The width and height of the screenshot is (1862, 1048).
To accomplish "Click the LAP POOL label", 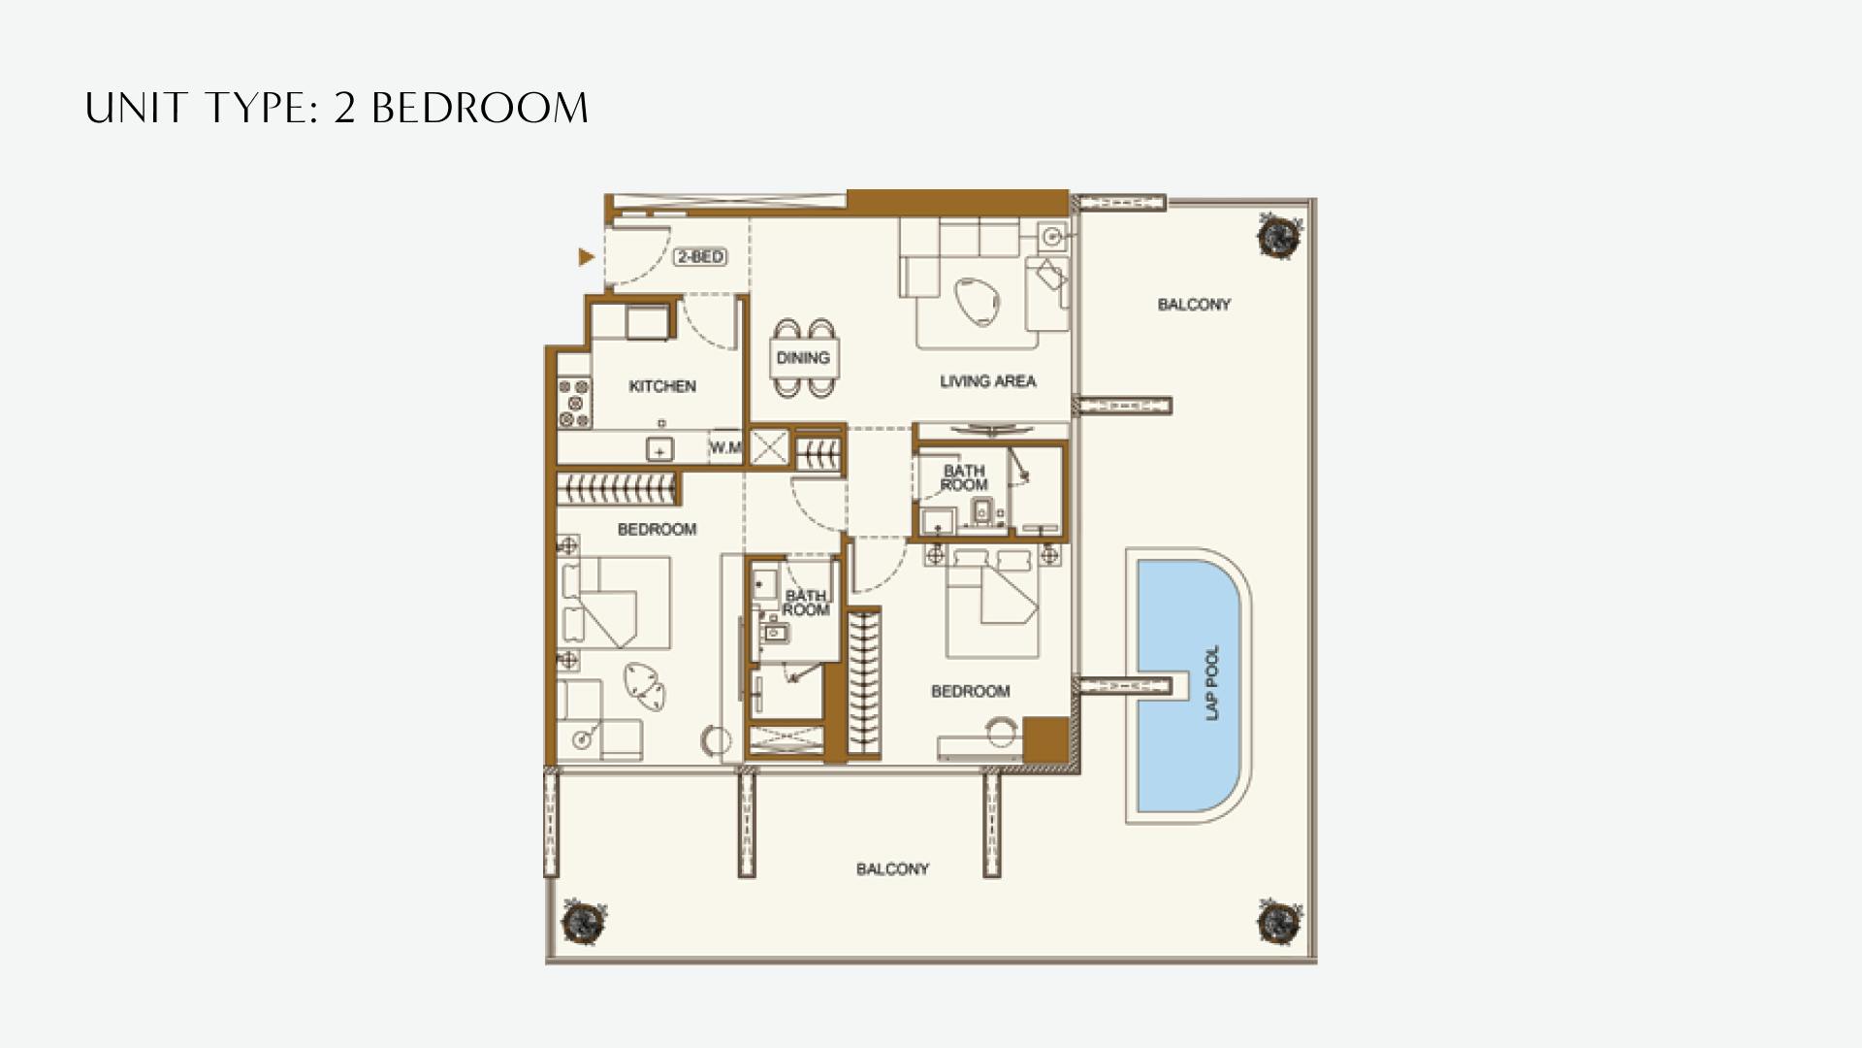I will pyautogui.click(x=1212, y=683).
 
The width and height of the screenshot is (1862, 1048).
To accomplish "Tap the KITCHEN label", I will pyautogui.click(x=662, y=386).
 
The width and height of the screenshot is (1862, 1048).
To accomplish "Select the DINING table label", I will pyautogui.click(x=803, y=358).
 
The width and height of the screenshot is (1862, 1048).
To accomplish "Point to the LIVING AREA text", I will pyautogui.click(x=987, y=381).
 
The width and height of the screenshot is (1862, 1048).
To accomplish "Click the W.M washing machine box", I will pyautogui.click(x=725, y=447).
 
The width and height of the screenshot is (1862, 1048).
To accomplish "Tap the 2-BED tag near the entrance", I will pyautogui.click(x=700, y=257).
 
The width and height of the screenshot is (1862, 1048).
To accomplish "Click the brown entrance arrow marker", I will pyautogui.click(x=586, y=257).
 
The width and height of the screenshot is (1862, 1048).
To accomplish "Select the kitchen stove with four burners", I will pyautogui.click(x=574, y=403).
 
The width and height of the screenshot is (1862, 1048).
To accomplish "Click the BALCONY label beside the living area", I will pyautogui.click(x=1193, y=305).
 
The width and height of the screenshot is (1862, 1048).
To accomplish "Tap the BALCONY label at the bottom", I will pyautogui.click(x=892, y=869).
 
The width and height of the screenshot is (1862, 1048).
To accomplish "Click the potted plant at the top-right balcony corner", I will pyautogui.click(x=1280, y=234).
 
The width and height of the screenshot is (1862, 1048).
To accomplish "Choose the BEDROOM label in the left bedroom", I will pyautogui.click(x=657, y=530).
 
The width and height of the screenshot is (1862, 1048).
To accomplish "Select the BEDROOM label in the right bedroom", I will pyautogui.click(x=970, y=692).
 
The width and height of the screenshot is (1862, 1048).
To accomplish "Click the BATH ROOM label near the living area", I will pyautogui.click(x=964, y=478).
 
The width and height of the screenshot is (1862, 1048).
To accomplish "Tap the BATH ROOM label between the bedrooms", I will pyautogui.click(x=806, y=603).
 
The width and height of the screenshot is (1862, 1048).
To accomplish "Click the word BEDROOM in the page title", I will pyautogui.click(x=480, y=108).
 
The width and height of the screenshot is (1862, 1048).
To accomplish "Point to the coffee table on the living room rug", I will pyautogui.click(x=975, y=301).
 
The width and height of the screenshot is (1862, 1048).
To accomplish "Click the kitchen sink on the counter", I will pyautogui.click(x=660, y=450).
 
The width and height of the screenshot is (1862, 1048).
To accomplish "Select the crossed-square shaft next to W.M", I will pyautogui.click(x=769, y=448).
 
